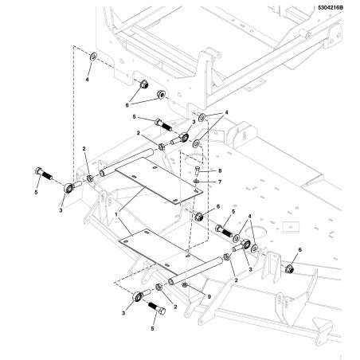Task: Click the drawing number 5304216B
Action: [x=331, y=8]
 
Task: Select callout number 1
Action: [x=116, y=213]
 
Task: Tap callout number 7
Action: [x=220, y=182]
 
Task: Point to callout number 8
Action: [x=220, y=170]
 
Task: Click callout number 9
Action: [x=209, y=296]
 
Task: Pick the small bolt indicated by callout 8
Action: [x=197, y=170]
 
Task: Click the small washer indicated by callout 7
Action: [x=196, y=181]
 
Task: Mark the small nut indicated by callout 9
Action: [x=184, y=285]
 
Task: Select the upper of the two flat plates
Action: [x=158, y=181]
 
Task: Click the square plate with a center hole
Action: [x=290, y=227]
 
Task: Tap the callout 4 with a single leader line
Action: [x=87, y=79]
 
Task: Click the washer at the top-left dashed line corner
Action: [x=93, y=57]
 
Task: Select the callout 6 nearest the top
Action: [x=127, y=105]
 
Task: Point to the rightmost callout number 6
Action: [x=300, y=250]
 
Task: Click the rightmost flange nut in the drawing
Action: [x=289, y=269]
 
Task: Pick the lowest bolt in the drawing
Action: [x=157, y=308]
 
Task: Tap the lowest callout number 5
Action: [x=152, y=329]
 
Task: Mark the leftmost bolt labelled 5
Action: [x=43, y=173]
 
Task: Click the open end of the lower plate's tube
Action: [x=171, y=281]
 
